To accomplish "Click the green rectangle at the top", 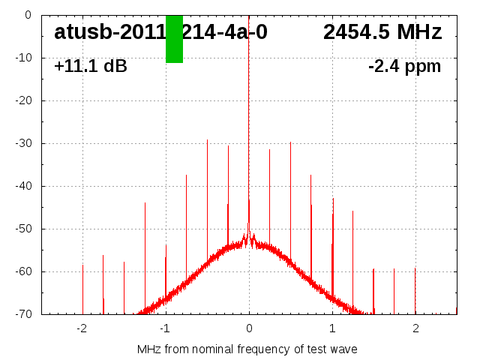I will (x=174, y=39).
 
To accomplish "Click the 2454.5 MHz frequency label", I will (x=382, y=32).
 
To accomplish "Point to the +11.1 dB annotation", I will (x=91, y=67).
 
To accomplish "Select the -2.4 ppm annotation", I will (x=404, y=67).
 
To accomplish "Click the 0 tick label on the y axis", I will (x=27, y=15).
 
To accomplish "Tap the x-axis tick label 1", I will (x=332, y=328).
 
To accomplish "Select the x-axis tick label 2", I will (x=415, y=328).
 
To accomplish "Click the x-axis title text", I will (x=247, y=349).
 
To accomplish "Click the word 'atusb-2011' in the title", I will (x=109, y=32).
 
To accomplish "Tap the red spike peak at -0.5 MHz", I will (x=207, y=140).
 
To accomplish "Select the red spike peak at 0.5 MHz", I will (x=290, y=142).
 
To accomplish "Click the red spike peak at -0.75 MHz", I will (x=186, y=175).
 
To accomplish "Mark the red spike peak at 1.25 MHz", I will (x=352, y=211).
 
